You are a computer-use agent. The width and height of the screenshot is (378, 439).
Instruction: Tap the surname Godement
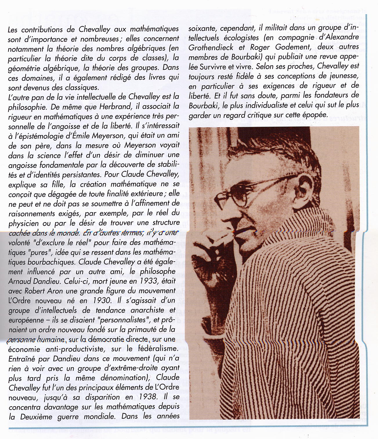[x=294, y=47]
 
